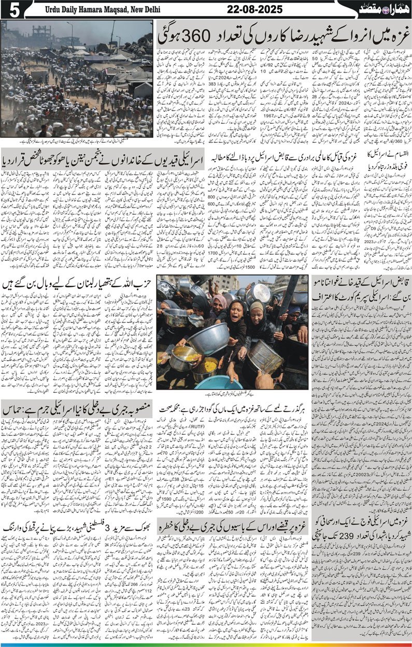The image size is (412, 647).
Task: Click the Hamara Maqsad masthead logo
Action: pyautogui.click(x=384, y=9)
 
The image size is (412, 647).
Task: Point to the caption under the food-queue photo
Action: pyautogui.click(x=234, y=394)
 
